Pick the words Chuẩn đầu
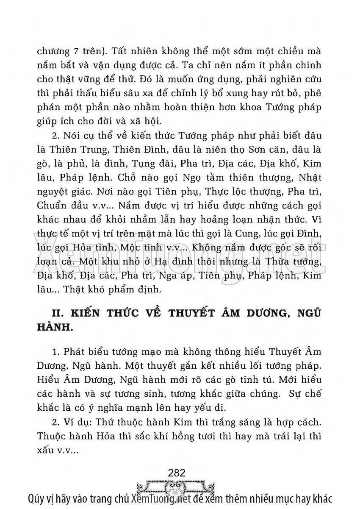click(x=57, y=206)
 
